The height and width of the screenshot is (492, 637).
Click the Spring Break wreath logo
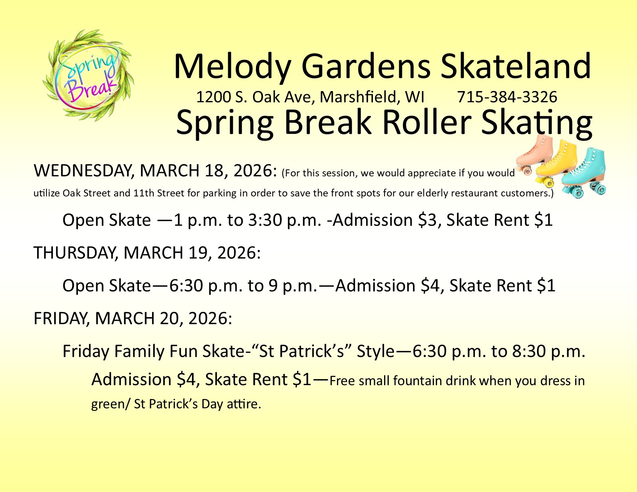click(88, 75)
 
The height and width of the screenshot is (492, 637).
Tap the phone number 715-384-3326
click(507, 97)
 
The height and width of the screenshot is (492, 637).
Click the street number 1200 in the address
click(213, 97)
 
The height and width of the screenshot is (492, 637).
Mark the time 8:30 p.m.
click(548, 351)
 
